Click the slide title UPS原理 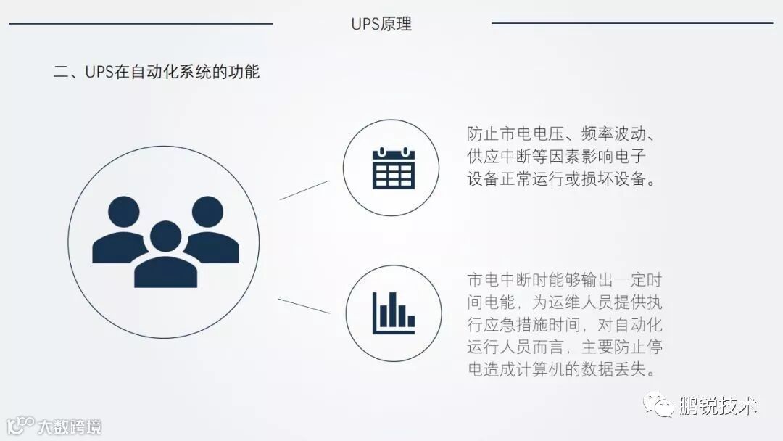click(381, 24)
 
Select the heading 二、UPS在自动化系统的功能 click(157, 72)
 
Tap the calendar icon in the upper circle click(393, 168)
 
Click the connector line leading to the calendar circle click(304, 190)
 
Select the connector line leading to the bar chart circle click(304, 305)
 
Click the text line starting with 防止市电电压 click(562, 134)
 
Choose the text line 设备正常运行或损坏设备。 click(562, 179)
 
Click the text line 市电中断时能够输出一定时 click(565, 280)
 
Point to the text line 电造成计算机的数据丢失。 click(562, 369)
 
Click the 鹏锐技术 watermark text click(718, 405)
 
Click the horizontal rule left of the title click(141, 24)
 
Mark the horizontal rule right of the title click(632, 23)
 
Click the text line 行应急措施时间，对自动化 click(565, 324)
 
